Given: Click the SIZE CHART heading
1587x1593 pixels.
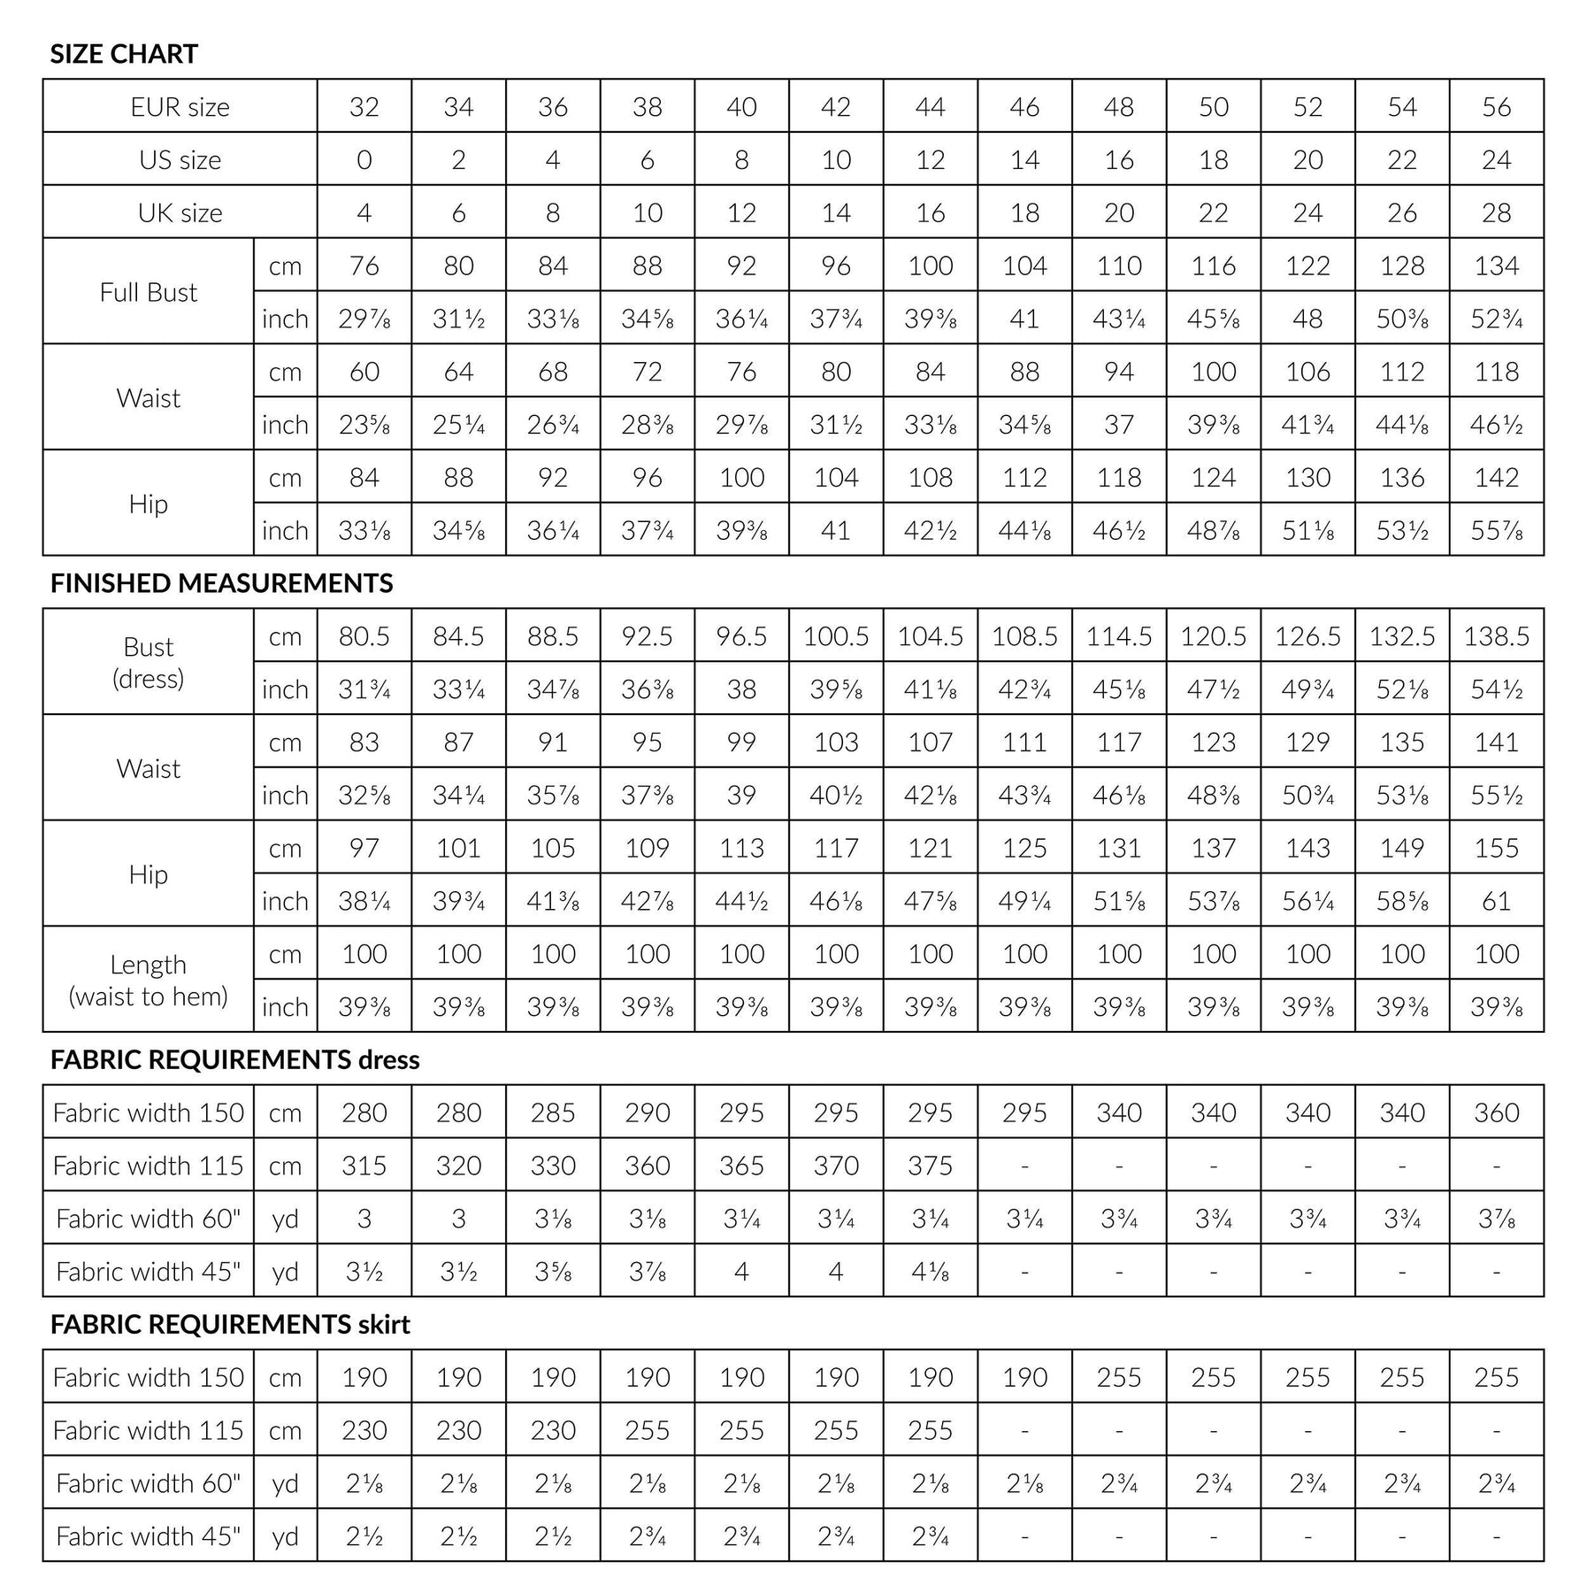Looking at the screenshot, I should (x=124, y=54).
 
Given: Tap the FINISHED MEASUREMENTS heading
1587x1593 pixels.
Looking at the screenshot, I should (x=221, y=583).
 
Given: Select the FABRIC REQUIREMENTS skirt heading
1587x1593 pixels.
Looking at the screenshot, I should (x=230, y=1324).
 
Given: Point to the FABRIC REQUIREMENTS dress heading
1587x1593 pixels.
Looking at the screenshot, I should (x=234, y=1059).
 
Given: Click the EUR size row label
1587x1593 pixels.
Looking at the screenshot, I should (x=180, y=107).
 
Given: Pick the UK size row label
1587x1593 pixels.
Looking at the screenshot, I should (x=180, y=212).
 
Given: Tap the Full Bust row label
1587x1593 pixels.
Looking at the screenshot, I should (x=148, y=292).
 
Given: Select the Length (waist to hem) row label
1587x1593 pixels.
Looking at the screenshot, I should (x=148, y=980).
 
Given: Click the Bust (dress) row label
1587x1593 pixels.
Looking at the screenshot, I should (x=148, y=662).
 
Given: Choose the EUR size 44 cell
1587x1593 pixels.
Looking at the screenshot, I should (x=930, y=107).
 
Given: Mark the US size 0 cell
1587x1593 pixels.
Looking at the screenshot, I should (x=364, y=160).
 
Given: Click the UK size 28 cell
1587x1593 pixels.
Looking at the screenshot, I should (x=1496, y=212).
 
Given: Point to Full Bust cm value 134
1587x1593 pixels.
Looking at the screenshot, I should (x=1496, y=265).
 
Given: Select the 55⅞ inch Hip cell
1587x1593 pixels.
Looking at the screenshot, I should (x=1496, y=530).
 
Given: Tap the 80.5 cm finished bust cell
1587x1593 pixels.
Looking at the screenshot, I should (x=364, y=636).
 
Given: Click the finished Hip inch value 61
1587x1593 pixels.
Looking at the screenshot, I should (x=1496, y=901).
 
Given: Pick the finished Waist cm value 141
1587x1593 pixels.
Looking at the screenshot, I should (x=1496, y=742).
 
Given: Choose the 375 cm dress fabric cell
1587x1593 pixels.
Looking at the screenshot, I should (x=930, y=1166).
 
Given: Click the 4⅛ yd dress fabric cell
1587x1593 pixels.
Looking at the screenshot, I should (x=930, y=1272).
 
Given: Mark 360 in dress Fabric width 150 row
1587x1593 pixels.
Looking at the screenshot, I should (x=1496, y=1112).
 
